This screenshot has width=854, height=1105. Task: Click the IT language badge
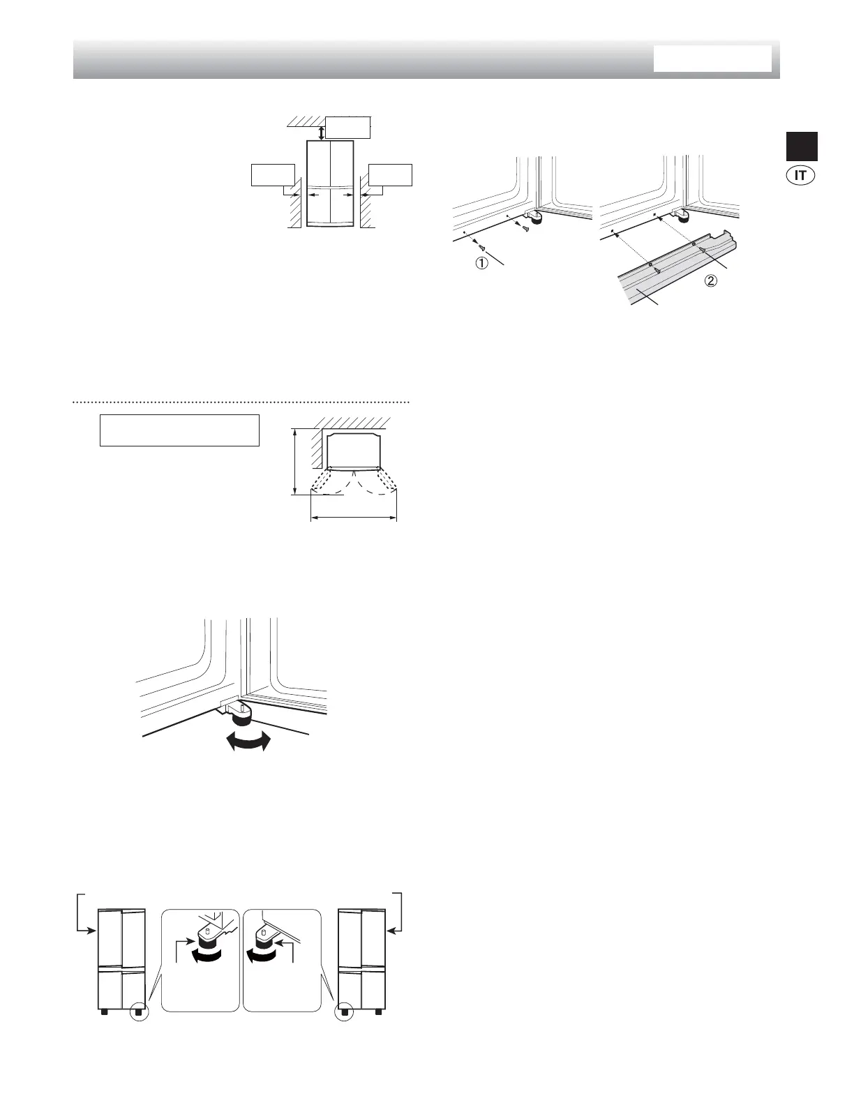tap(801, 175)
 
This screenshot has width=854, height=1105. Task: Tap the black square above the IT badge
tap(802, 146)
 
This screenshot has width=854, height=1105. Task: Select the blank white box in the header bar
tap(712, 59)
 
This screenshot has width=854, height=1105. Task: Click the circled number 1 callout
tap(481, 264)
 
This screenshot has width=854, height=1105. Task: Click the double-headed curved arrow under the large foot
tap(248, 744)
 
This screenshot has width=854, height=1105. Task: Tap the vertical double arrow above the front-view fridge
tap(321, 132)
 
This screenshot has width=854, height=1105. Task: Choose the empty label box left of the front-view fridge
tap(272, 174)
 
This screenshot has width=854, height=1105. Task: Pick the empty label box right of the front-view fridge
tap(390, 174)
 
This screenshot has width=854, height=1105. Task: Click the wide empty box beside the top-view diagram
tap(179, 430)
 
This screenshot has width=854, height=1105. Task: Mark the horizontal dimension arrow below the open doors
tap(353, 518)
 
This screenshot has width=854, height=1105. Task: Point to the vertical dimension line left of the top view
tap(296, 462)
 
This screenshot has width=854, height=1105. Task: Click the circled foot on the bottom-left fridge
tap(139, 1011)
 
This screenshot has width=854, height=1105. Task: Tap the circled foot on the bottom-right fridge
tap(343, 1011)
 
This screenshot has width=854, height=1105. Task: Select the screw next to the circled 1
tap(481, 244)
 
